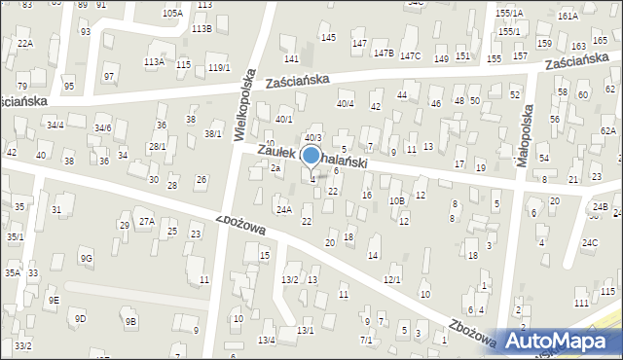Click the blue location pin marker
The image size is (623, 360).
coord(311,155)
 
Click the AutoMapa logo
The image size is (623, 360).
coord(560,342)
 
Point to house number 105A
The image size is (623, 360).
coord(172,14)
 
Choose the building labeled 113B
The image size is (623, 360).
coord(201,29)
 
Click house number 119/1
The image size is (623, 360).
coord(219,67)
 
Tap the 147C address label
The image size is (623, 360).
coord(410,55)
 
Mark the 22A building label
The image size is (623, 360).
coord(24,44)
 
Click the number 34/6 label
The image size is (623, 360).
coord(102,128)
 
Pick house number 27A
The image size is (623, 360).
coord(146,222)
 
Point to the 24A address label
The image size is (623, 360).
coord(283,209)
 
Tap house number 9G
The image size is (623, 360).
coord(87,258)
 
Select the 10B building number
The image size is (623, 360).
coord(396,201)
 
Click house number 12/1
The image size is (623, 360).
coord(391,280)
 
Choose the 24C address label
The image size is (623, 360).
coord(590,242)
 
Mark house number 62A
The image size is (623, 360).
coord(608,130)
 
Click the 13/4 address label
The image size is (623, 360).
coord(266,340)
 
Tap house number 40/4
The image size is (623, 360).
coord(345,103)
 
